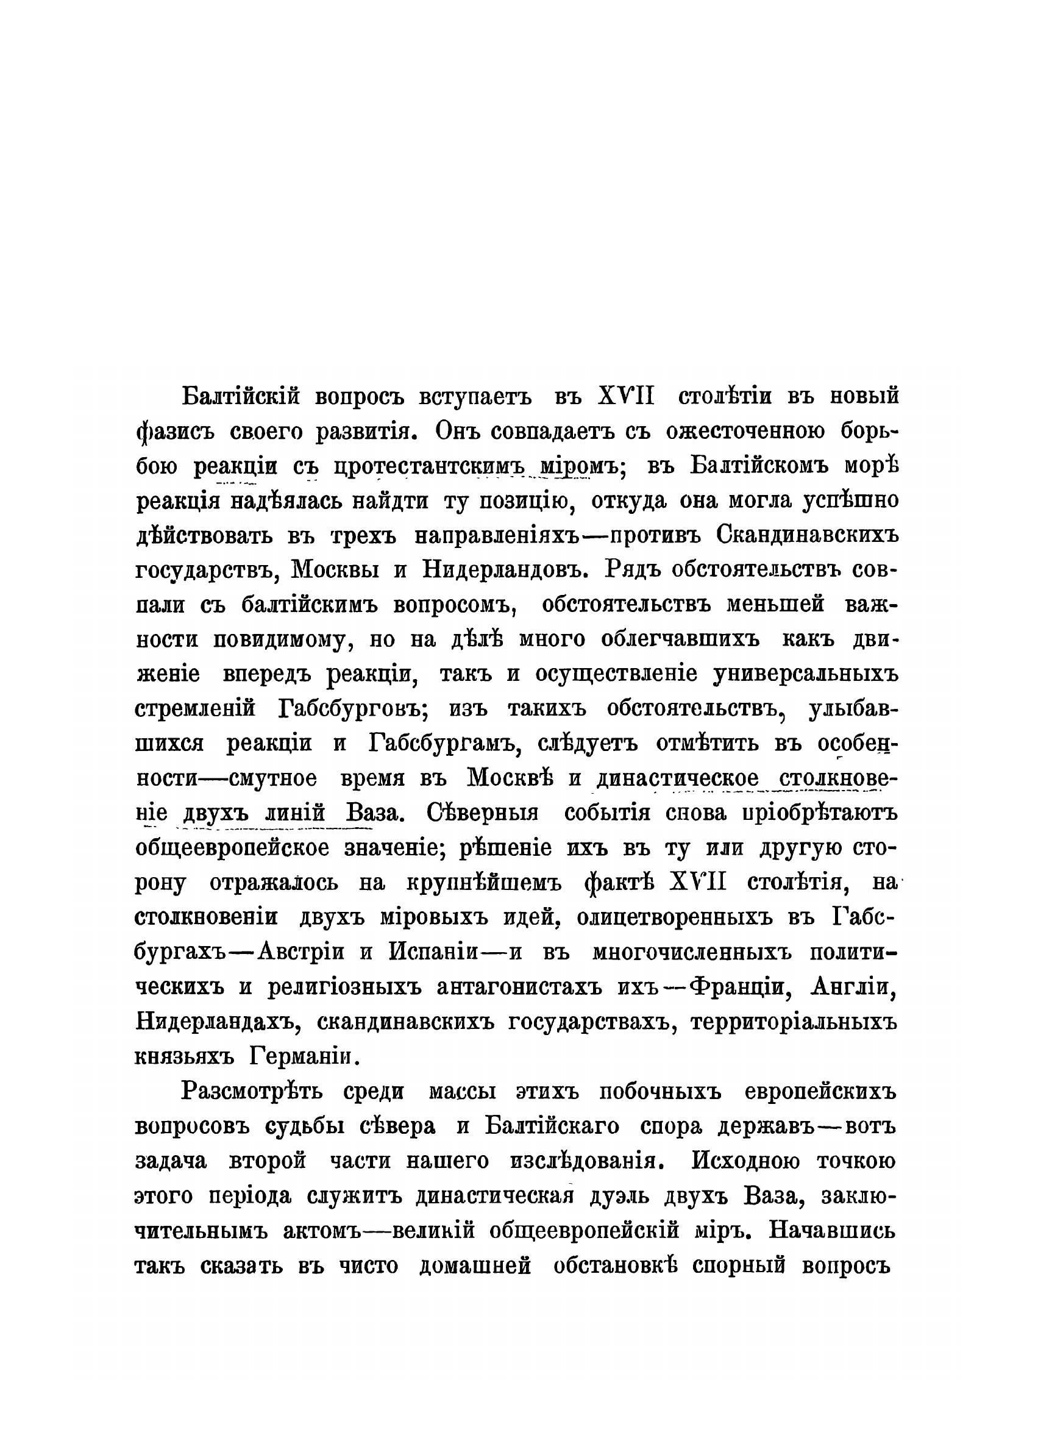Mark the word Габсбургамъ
click(444, 744)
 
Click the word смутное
click(273, 778)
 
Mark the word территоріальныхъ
click(794, 1022)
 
